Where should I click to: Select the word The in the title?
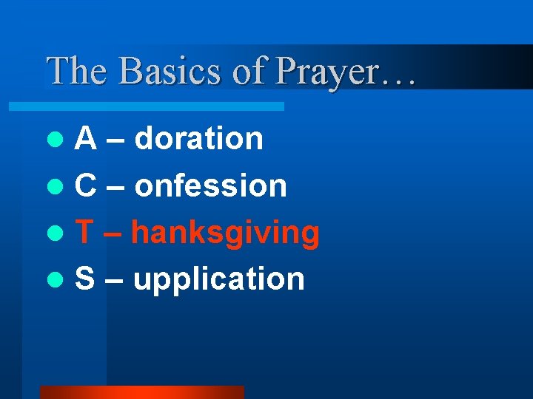tap(78, 72)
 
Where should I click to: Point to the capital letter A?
tap(86, 138)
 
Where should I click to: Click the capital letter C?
tap(86, 185)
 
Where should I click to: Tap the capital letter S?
tap(85, 279)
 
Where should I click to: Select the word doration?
tap(199, 138)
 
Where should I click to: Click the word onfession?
tap(211, 185)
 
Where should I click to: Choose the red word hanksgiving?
tap(225, 233)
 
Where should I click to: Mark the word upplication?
tap(219, 280)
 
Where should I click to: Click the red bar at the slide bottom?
tap(141, 392)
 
